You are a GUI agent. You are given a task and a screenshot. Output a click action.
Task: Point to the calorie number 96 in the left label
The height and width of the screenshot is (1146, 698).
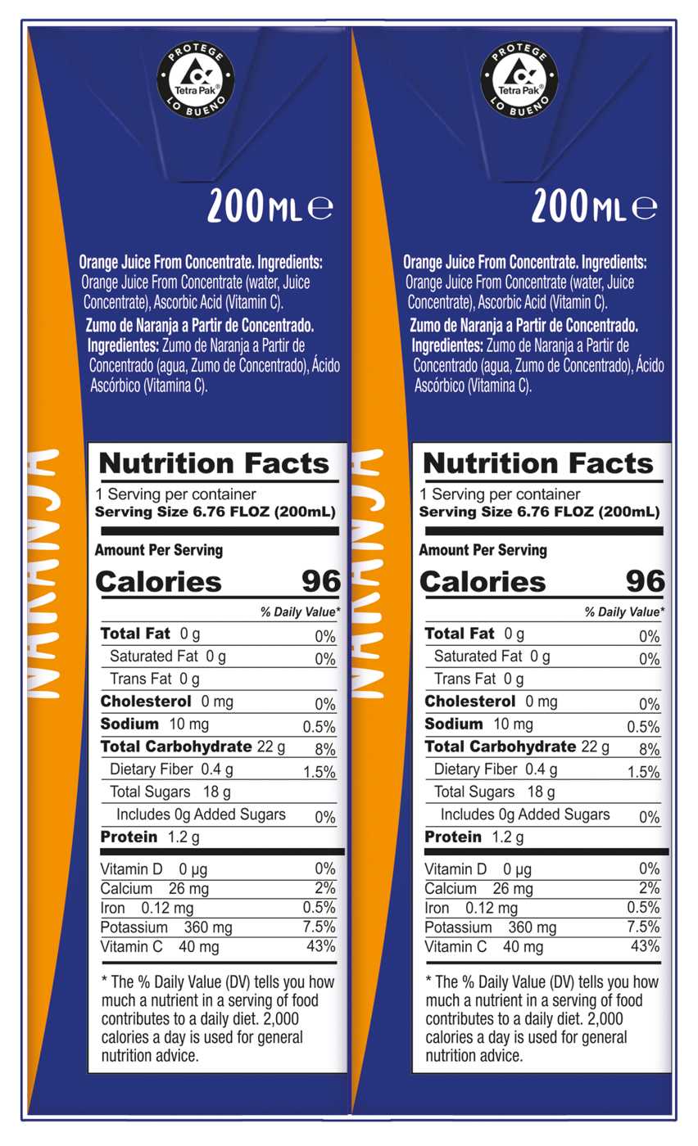[320, 581]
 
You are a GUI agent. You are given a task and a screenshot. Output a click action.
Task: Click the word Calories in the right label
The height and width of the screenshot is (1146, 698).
[483, 582]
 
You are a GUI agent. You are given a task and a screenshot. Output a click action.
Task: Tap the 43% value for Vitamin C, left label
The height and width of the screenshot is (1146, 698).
[322, 946]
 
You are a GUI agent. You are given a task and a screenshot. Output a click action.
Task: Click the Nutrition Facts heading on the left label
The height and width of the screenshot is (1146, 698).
[214, 463]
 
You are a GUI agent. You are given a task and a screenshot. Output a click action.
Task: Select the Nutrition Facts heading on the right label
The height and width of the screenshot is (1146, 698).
[538, 463]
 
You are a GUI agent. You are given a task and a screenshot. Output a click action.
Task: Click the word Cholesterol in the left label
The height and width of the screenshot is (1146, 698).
[145, 702]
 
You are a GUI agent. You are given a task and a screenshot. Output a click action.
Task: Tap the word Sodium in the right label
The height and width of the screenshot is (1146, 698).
[454, 724]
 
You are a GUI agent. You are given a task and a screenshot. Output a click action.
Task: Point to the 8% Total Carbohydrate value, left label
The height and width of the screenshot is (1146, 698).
[324, 748]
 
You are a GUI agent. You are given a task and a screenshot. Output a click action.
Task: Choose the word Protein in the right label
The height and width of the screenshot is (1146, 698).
[453, 837]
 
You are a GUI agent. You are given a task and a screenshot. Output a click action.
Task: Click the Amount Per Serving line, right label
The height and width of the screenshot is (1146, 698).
[483, 550]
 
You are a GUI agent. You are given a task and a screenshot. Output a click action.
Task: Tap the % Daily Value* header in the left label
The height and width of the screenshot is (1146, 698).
[300, 611]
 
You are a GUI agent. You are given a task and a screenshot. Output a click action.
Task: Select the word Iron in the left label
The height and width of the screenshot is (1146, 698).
[114, 908]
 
